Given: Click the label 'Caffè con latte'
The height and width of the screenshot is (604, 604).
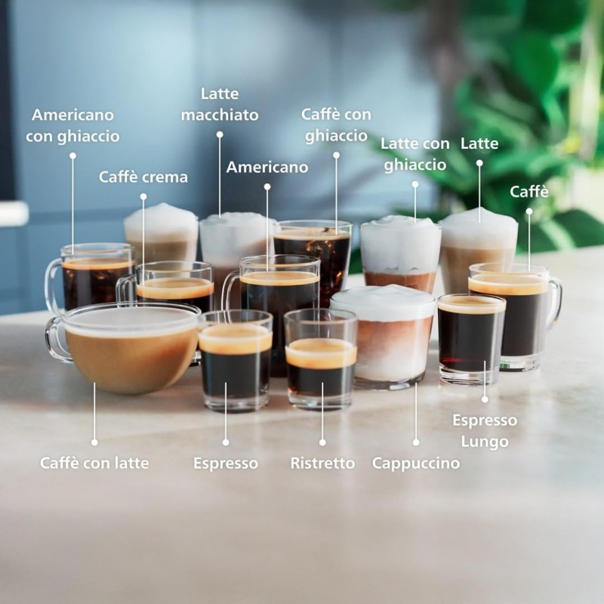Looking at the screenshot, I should (94, 463).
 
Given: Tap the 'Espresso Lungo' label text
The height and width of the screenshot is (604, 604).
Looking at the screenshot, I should (485, 430).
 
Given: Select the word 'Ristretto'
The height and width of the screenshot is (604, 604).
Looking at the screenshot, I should (322, 463).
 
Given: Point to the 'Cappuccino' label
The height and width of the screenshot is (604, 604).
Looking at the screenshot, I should (415, 463).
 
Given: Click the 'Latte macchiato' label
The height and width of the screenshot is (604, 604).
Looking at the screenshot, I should (220, 104).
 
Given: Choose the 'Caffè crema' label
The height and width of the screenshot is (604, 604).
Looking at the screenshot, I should (143, 177).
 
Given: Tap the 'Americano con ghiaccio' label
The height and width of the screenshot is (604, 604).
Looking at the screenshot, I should (72, 125).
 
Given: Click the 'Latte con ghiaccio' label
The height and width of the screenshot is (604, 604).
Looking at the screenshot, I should (414, 154).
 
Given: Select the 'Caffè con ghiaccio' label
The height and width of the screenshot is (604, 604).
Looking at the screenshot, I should (337, 125).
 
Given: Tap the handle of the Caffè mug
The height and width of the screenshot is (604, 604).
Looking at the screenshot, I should (555, 302).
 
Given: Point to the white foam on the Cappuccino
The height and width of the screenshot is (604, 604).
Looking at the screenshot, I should (383, 302).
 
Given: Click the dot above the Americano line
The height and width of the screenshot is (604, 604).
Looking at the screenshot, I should (267, 186).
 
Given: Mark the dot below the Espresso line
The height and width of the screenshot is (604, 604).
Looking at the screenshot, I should (225, 442).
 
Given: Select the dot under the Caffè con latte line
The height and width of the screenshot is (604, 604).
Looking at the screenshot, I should (94, 442).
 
